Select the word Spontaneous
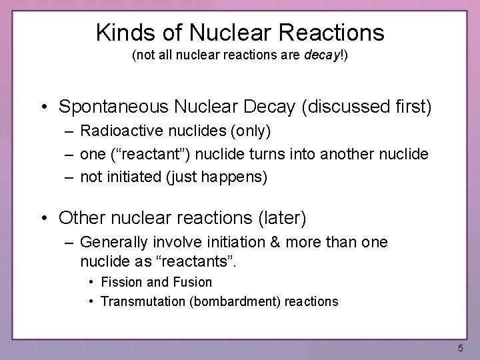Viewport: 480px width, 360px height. [113, 106]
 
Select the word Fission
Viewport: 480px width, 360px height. [121, 282]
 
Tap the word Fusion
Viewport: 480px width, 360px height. [193, 282]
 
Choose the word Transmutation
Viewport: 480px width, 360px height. [143, 301]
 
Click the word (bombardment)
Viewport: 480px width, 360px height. [236, 301]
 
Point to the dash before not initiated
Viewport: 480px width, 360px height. [70, 176]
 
